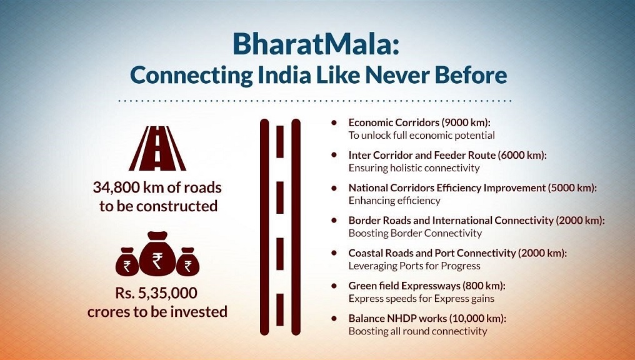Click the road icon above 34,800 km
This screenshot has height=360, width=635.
tap(157, 149)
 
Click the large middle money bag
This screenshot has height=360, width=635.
tap(157, 254)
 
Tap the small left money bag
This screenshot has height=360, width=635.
tap(127, 262)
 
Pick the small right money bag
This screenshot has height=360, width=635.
tap(188, 262)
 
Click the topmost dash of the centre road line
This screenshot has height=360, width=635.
tap(280, 141)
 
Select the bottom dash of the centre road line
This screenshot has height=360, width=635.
tap(280, 310)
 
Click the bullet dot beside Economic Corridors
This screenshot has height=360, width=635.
tap(334, 122)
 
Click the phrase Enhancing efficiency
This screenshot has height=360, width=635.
tap(394, 201)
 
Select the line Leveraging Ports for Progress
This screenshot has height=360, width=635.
tap(414, 266)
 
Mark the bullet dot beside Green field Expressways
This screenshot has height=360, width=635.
tap(334, 286)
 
